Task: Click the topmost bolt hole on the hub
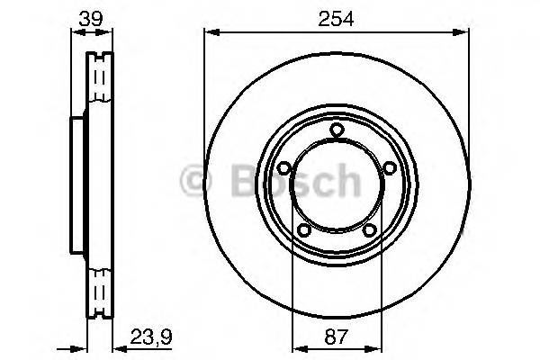click(337, 130)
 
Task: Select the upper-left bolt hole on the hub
click(283, 168)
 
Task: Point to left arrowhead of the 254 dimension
click(210, 32)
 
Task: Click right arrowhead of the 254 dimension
click(464, 32)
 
